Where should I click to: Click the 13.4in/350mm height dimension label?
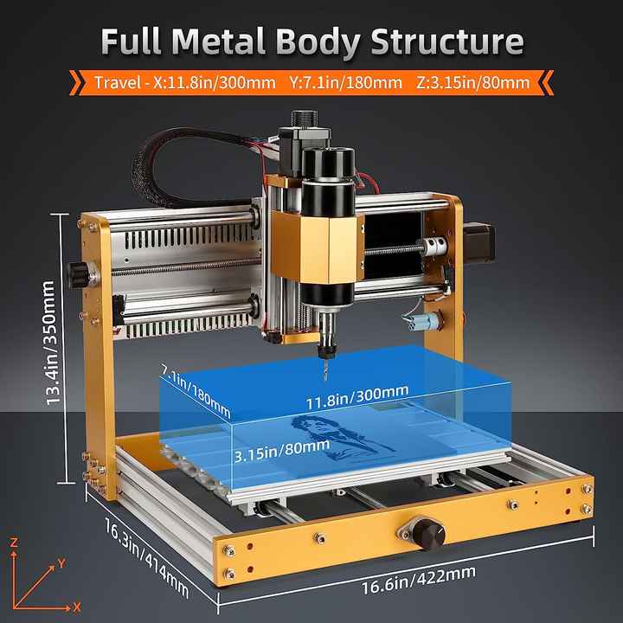pos(55,345)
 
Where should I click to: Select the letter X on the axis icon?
pos(76,606)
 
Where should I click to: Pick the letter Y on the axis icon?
pos(61,563)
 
